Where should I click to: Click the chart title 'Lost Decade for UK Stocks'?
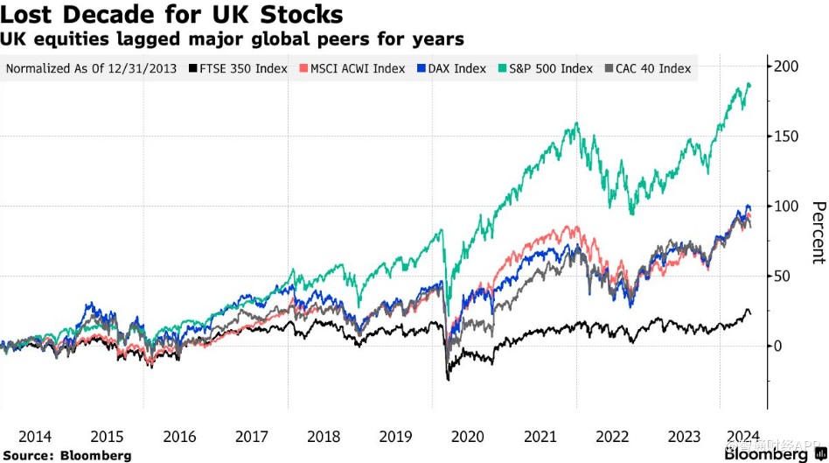pyautogui.click(x=171, y=15)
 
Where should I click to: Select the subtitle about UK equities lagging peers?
pyautogui.click(x=232, y=39)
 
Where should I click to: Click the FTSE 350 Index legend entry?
pyautogui.click(x=239, y=68)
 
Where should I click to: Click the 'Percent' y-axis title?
pyautogui.click(x=818, y=232)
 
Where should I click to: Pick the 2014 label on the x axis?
pyautogui.click(x=34, y=436)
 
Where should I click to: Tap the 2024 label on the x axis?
pyautogui.click(x=741, y=436)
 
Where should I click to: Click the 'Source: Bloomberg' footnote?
pyautogui.click(x=66, y=455)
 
